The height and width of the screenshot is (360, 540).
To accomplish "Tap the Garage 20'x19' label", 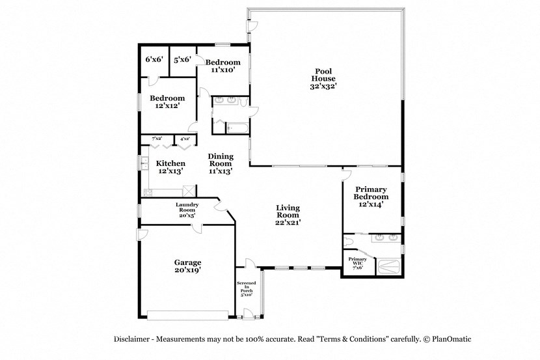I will (x=187, y=266).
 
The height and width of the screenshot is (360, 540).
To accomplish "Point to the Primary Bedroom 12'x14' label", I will (x=371, y=197).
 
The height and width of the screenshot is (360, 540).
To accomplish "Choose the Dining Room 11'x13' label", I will (x=221, y=163).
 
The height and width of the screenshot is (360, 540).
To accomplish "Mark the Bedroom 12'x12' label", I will (x=167, y=102).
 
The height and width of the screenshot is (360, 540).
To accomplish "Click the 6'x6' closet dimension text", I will (x=154, y=59).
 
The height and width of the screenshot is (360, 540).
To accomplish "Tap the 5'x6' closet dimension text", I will (x=182, y=59).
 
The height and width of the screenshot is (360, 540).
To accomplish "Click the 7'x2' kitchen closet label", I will (x=157, y=139).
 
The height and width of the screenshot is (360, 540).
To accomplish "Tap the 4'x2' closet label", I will (x=184, y=139).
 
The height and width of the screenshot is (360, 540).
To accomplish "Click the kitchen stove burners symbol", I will (x=148, y=191).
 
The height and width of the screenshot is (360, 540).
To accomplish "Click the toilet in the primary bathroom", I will (x=350, y=242).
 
